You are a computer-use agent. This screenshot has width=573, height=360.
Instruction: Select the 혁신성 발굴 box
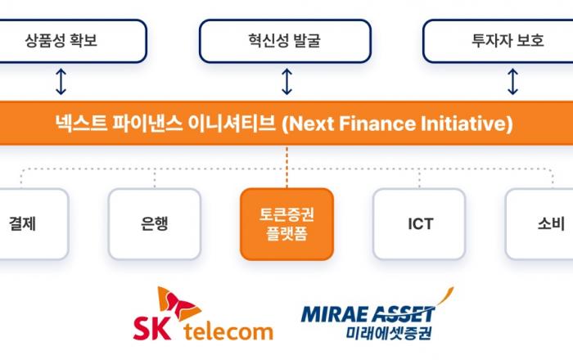pos(286,39)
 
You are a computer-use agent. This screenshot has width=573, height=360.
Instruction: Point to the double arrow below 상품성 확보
pos(61,82)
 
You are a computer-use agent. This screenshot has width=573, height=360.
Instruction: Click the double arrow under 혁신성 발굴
pos(286,82)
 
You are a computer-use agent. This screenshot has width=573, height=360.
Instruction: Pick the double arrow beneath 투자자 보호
pos(512,82)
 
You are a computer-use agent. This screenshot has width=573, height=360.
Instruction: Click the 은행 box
pos(154,223)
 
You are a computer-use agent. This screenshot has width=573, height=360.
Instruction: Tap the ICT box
pos(419,223)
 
